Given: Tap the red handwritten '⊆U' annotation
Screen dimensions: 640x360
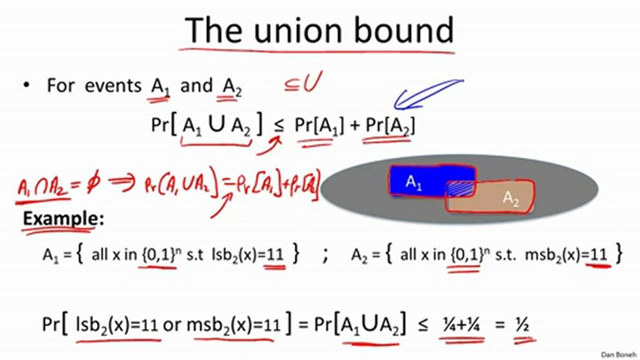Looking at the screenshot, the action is pyautogui.click(x=303, y=82).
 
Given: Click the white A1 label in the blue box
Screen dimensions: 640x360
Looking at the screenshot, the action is pyautogui.click(x=413, y=182).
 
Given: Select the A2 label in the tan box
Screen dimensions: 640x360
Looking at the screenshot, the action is pyautogui.click(x=510, y=198).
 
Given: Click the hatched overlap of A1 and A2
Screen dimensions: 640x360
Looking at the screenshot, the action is pyautogui.click(x=460, y=188).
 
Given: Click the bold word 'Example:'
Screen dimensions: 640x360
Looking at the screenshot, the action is pyautogui.click(x=63, y=219).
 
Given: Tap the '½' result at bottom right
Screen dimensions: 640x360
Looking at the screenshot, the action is pyautogui.click(x=522, y=325).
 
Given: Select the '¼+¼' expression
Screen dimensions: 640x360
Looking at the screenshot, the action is pyautogui.click(x=461, y=325).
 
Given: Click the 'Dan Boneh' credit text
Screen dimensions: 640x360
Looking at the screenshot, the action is pyautogui.click(x=618, y=354).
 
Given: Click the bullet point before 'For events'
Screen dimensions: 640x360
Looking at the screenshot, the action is pyautogui.click(x=27, y=85).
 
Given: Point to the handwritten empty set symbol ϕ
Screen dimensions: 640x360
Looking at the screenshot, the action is pyautogui.click(x=93, y=184).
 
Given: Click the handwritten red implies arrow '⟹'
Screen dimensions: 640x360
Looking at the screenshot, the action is pyautogui.click(x=122, y=184).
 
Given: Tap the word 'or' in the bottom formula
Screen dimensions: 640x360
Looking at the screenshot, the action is pyautogui.click(x=172, y=325).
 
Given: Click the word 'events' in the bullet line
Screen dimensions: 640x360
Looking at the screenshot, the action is pyautogui.click(x=113, y=85).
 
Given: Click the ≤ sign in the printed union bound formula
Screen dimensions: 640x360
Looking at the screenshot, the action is pyautogui.click(x=279, y=126).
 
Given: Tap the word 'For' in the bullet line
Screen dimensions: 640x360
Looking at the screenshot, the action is pyautogui.click(x=61, y=85).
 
